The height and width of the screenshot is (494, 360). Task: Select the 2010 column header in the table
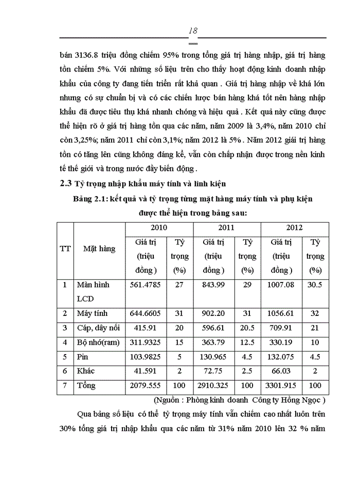[158, 227]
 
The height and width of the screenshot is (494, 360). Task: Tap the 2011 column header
[226, 227]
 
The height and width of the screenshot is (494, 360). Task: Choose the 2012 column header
[294, 227]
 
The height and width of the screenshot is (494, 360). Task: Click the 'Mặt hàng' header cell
[99, 249]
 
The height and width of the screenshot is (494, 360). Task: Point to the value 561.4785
[146, 285]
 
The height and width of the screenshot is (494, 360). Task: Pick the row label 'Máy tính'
[91, 313]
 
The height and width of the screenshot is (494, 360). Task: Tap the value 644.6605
[146, 313]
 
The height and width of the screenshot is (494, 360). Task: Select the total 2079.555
[146, 385]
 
